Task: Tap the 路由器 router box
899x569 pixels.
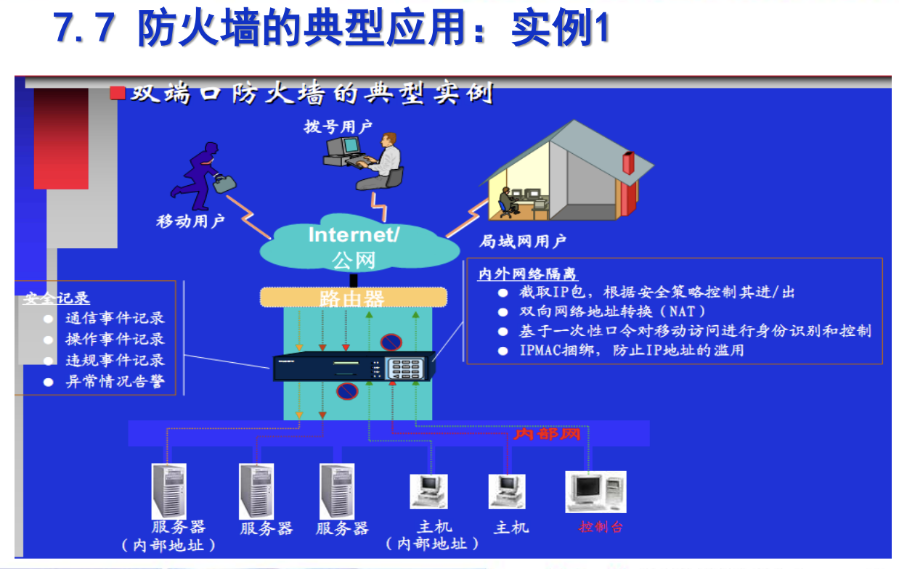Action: pyautogui.click(x=353, y=298)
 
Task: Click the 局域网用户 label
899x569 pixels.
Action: pyautogui.click(x=522, y=241)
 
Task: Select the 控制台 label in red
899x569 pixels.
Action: pyautogui.click(x=601, y=527)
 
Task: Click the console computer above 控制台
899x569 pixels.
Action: pyautogui.click(x=595, y=492)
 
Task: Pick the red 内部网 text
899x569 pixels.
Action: pyautogui.click(x=548, y=434)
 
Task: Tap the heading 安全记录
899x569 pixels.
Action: pyautogui.click(x=57, y=298)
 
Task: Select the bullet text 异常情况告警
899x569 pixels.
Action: pyautogui.click(x=115, y=382)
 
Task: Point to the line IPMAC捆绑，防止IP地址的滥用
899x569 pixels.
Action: pyautogui.click(x=631, y=351)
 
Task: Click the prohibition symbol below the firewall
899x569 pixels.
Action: pyautogui.click(x=347, y=392)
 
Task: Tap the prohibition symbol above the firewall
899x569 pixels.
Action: pyautogui.click(x=391, y=341)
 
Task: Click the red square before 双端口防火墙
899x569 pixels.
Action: pyautogui.click(x=117, y=93)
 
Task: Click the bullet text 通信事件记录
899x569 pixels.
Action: pyautogui.click(x=115, y=318)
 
